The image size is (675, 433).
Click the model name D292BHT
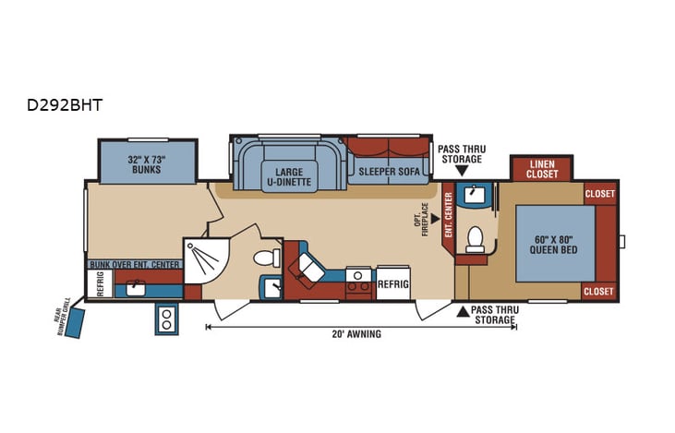(x=65, y=105)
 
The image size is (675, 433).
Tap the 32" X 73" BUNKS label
(x=146, y=164)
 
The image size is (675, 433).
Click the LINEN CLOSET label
(x=542, y=169)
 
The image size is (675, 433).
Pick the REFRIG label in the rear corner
(x=99, y=287)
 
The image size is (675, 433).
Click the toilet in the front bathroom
(x=476, y=239)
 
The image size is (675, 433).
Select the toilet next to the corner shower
(x=267, y=255)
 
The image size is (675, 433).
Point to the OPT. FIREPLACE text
(x=420, y=220)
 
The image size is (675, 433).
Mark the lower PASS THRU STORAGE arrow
(x=463, y=310)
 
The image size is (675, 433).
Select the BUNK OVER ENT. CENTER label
(x=135, y=265)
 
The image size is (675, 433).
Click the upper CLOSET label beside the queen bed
(x=599, y=194)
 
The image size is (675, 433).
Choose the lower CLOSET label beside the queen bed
(x=599, y=291)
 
